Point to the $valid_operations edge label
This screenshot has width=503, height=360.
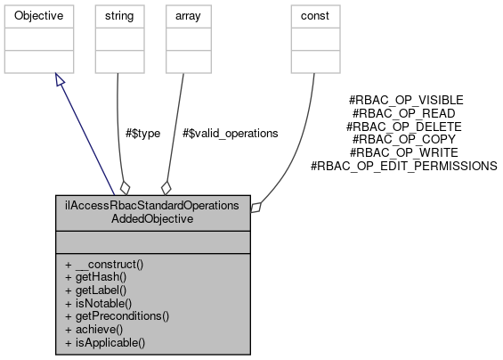pos(230,133)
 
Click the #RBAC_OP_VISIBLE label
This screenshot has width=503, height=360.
pos(407,101)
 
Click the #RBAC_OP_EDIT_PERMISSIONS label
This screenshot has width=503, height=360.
pos(403,166)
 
